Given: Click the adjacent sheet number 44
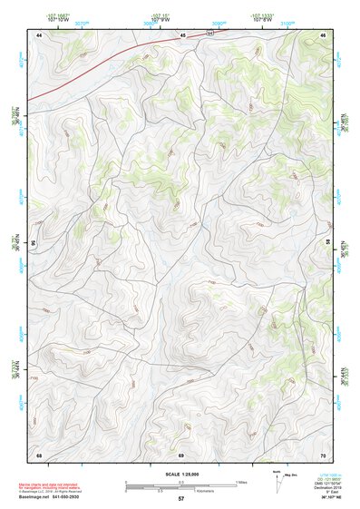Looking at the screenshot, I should (x=40, y=34).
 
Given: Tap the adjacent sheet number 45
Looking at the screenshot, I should (x=181, y=34).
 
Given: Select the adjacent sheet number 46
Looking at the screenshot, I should (x=323, y=34).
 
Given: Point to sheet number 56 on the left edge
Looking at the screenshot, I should (x=34, y=243).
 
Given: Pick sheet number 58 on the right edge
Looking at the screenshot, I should (x=328, y=243).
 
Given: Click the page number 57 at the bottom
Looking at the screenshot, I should (x=181, y=499).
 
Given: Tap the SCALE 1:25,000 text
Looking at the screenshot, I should (x=181, y=474).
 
